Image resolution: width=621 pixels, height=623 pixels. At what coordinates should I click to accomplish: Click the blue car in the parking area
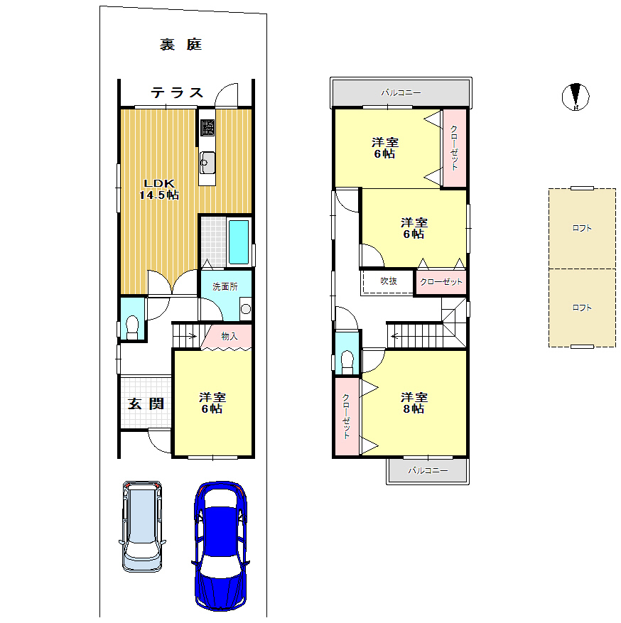221,546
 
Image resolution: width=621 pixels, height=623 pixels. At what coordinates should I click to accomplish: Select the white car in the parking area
142,526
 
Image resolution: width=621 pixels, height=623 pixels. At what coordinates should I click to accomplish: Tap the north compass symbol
576,97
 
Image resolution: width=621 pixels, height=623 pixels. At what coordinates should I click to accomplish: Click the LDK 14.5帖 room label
159,189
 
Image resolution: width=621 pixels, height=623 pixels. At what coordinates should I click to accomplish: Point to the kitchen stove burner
207,128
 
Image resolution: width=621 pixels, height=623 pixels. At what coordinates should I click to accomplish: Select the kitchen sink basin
207,163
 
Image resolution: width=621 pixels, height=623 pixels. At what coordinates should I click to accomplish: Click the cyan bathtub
239,242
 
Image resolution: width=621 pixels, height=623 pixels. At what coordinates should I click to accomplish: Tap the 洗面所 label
225,286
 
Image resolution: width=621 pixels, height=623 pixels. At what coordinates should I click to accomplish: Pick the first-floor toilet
132,327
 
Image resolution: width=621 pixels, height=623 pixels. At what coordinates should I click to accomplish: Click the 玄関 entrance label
146,403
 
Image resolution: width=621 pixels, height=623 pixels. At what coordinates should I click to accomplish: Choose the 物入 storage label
229,336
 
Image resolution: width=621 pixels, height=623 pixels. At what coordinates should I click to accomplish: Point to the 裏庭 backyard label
180,44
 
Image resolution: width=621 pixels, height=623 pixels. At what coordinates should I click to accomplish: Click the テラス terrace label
177,93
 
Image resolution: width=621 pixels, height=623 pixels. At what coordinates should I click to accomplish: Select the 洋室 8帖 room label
414,403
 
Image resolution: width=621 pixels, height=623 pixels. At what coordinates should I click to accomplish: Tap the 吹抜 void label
388,281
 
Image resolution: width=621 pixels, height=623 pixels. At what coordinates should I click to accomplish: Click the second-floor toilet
347,362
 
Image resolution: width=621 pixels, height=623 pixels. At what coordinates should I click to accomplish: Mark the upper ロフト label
582,228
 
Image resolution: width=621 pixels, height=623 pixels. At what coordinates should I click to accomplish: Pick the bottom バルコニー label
428,470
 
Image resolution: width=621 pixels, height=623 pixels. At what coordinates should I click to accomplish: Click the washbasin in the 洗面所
246,309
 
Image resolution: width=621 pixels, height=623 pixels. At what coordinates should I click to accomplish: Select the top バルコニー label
401,92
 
